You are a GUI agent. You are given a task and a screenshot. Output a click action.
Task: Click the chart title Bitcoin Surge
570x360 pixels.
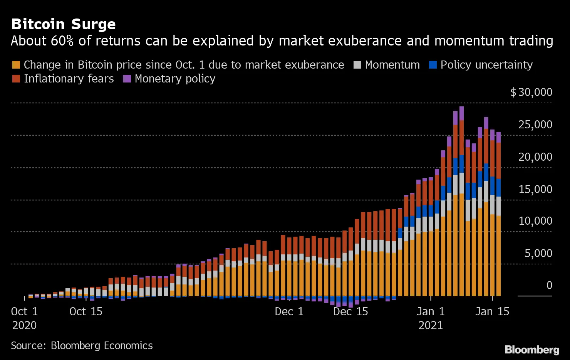pos(64,24)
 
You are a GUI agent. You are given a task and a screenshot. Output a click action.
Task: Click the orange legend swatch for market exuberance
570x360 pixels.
pos(16,65)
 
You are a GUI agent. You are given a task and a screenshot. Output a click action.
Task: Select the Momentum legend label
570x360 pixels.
pos(392,65)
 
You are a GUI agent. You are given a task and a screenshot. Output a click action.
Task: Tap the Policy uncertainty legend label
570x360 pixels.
pos(486,65)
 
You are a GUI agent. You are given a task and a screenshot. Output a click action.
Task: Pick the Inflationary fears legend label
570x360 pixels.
pos(69,79)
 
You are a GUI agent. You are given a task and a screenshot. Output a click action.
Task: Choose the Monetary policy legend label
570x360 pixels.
pos(175,79)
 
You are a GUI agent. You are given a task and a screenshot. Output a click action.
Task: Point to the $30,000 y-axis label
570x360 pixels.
pos(531,92)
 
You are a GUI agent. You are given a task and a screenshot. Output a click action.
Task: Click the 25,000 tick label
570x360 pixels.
pos(535,124)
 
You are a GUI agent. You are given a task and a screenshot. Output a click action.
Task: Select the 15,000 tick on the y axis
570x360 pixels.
pos(535,189)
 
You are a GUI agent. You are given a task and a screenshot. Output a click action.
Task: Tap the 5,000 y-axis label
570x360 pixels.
pos(538,253)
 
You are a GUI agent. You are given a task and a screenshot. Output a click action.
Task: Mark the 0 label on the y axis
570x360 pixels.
pos(549,285)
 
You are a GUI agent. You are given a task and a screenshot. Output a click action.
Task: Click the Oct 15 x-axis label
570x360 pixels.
pos(86,311)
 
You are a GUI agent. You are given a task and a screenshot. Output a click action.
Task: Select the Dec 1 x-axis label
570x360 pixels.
pos(289,311)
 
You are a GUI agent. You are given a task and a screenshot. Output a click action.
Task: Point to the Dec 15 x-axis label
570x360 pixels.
pos(350,311)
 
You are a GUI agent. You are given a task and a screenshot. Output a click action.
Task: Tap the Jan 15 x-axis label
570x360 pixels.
pos(492,311)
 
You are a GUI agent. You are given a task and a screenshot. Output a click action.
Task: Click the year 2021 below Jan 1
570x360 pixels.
pos(431,325)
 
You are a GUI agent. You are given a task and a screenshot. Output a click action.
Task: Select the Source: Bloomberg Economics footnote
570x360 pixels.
pos(82,345)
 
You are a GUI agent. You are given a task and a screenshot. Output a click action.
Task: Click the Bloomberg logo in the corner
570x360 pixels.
pos(532,350)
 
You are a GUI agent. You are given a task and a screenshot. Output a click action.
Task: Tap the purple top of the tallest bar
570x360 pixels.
pos(461,113)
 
